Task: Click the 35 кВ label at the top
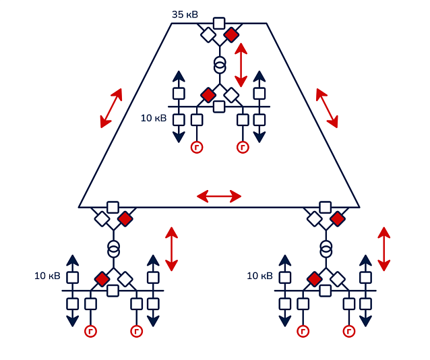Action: tap(185, 14)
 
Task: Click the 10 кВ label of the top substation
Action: tap(154, 118)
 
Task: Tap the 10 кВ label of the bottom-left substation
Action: tap(47, 276)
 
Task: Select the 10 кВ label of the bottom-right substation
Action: tap(260, 276)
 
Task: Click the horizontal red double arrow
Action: tap(218, 196)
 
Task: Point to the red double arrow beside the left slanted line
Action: tap(111, 108)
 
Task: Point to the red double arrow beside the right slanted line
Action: tap(327, 108)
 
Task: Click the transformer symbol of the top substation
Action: tap(220, 65)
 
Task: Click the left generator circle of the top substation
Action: tap(197, 147)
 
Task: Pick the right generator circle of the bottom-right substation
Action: tap(349, 331)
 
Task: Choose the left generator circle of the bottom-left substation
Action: tap(90, 331)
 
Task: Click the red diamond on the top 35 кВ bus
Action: tap(231, 34)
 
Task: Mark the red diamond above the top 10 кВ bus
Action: tap(208, 94)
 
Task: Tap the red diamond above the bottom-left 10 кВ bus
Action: tap(102, 278)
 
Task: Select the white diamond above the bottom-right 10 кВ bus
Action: tap(338, 278)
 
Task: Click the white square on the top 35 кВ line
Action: tap(219, 23)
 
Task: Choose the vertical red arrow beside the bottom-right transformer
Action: tap(384, 249)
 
